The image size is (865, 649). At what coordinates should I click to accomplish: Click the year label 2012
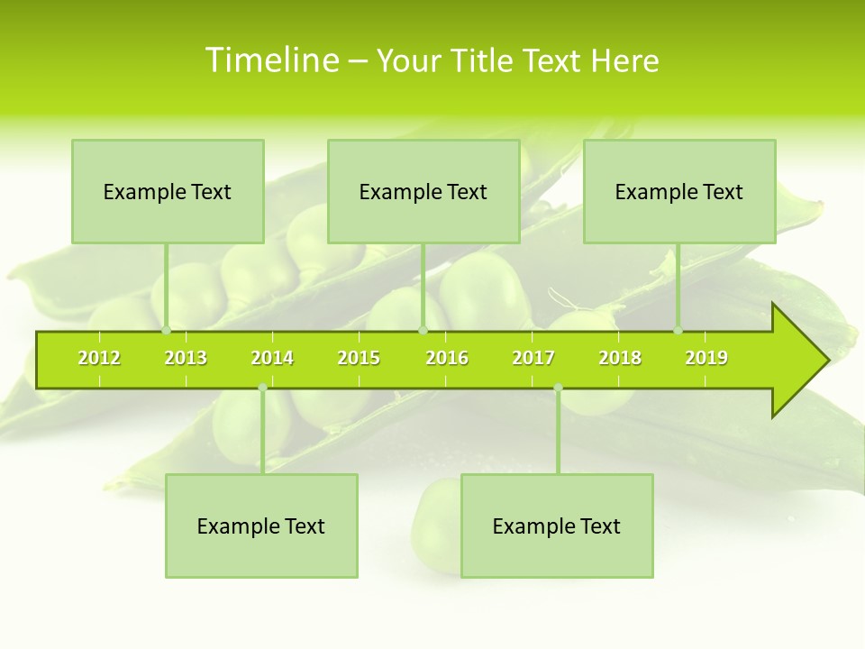click(99, 358)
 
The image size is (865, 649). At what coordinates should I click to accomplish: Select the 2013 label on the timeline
click(186, 358)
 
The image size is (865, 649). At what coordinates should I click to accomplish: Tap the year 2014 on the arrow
click(272, 358)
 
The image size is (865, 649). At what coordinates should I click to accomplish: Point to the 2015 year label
click(359, 358)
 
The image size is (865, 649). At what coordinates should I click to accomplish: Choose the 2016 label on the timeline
click(447, 358)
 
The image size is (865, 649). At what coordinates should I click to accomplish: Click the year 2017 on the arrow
click(533, 358)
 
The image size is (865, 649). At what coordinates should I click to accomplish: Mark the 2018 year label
click(620, 358)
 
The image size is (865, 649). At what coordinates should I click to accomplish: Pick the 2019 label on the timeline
click(706, 358)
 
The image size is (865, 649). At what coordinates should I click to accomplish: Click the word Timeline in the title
click(271, 60)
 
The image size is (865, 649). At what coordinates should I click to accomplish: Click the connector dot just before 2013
click(167, 331)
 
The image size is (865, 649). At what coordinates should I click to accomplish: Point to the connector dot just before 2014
click(262, 388)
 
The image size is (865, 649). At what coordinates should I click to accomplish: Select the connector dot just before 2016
click(423, 331)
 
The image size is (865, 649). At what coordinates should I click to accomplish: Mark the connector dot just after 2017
click(558, 388)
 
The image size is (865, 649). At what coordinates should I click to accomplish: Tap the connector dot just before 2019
click(678, 331)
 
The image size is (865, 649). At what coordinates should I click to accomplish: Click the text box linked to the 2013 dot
click(168, 191)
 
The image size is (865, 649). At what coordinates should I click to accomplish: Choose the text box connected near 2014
click(261, 526)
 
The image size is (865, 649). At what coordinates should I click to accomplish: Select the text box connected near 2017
click(557, 526)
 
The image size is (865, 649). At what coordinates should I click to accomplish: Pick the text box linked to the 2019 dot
click(679, 191)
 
